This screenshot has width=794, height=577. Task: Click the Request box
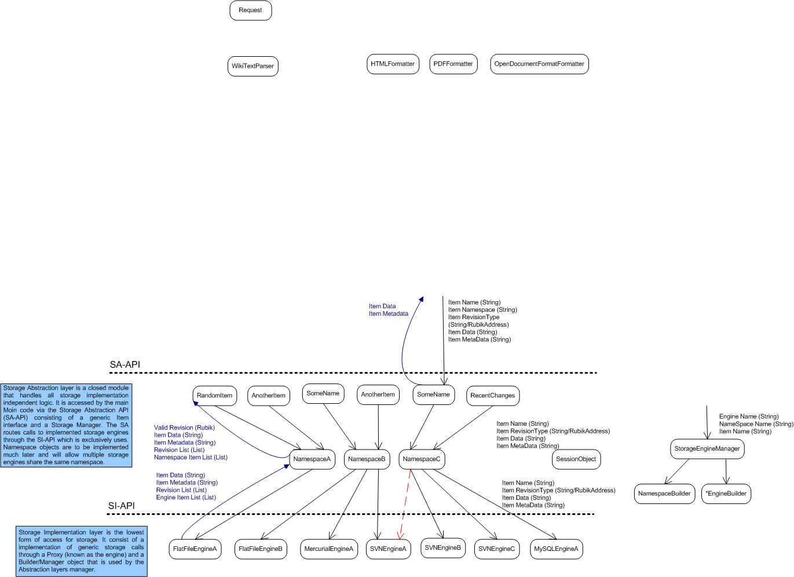tap(251, 10)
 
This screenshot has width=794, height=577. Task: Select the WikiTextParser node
tap(253, 66)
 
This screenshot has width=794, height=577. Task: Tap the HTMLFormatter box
tap(393, 64)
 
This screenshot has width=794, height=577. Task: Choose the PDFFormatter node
tap(453, 64)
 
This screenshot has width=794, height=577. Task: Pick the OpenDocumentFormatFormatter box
tap(540, 64)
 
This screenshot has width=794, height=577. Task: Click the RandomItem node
tap(214, 396)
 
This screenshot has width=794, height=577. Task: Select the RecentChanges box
tap(493, 396)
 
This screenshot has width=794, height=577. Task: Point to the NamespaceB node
tap(367, 459)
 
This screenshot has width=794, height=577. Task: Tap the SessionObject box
tap(576, 459)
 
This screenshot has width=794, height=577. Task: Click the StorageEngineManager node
tap(707, 449)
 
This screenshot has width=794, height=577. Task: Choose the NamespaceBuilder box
tap(664, 494)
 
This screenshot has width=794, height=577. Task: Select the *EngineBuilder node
tap(726, 494)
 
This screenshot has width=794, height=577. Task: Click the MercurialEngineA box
tap(329, 549)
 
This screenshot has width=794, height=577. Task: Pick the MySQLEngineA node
tap(557, 549)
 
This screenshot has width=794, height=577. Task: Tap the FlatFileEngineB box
tap(261, 549)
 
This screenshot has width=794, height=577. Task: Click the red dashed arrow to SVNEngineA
tap(404, 505)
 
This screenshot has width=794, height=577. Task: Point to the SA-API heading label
tap(125, 364)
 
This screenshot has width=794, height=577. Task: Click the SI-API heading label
tap(121, 506)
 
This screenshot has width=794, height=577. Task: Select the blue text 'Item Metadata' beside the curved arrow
tap(389, 314)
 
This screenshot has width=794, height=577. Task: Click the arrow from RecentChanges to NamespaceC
tap(463, 428)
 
